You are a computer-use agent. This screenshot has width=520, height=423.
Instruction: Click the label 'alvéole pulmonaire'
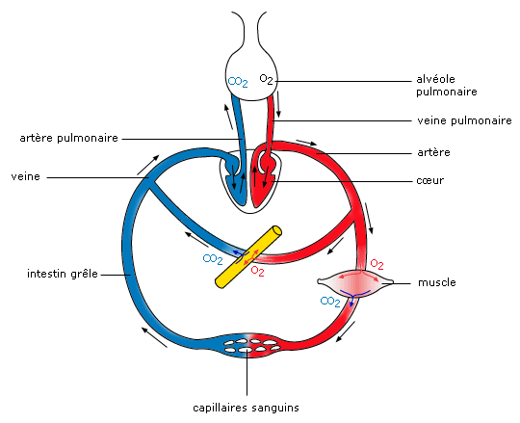pyautogui.click(x=447, y=85)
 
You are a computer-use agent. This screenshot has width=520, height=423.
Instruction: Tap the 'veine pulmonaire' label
pyautogui.click(x=464, y=120)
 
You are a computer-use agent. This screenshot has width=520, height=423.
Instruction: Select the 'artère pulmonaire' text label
pyautogui.click(x=69, y=138)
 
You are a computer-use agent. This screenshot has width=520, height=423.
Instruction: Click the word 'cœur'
pyautogui.click(x=430, y=180)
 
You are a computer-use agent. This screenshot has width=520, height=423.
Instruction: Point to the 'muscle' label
pyautogui.click(x=437, y=282)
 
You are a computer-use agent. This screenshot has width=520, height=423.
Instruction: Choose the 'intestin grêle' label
pyautogui.click(x=63, y=274)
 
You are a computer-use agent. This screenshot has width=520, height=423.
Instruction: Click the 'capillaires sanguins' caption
pyautogui.click(x=246, y=408)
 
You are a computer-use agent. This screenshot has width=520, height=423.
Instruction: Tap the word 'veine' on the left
pyautogui.click(x=26, y=176)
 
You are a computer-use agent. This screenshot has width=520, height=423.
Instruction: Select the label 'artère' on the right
pyautogui.click(x=433, y=152)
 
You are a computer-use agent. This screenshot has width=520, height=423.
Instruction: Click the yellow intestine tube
pyautogui.click(x=248, y=256)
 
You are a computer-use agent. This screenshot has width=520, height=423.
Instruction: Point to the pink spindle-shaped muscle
pyautogui.click(x=355, y=282)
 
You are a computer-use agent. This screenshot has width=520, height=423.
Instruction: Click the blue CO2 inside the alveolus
pyautogui.click(x=238, y=82)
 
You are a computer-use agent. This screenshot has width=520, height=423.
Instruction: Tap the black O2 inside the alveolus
pyautogui.click(x=267, y=79)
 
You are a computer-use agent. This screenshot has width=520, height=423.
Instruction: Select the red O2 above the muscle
pyautogui.click(x=377, y=264)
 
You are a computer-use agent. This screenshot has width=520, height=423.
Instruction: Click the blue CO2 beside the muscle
pyautogui.click(x=330, y=302)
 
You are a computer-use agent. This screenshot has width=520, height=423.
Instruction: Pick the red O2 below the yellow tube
pyautogui.click(x=258, y=271)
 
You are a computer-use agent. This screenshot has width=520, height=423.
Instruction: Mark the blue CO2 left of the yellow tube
pyautogui.click(x=213, y=259)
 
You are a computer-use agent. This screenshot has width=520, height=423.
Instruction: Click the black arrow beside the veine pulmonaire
pyautogui.click(x=278, y=104)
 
